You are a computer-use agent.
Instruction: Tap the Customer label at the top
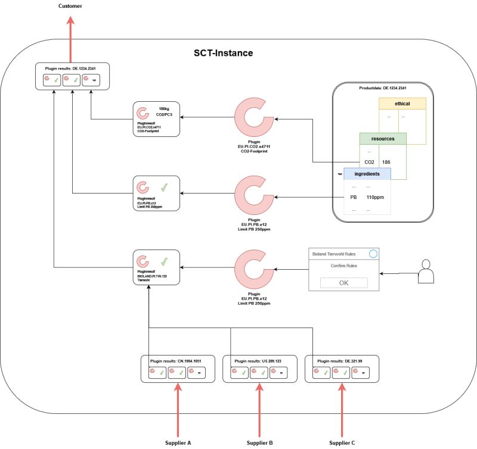pyautogui.click(x=71, y=6)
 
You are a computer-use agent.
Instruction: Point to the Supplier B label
pyautogui.click(x=259, y=442)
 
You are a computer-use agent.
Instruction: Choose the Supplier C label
pyautogui.click(x=342, y=442)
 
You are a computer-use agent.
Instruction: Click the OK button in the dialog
pyautogui.click(x=343, y=282)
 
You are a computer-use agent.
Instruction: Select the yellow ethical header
pyautogui.click(x=402, y=104)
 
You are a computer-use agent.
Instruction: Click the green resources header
pyautogui.click(x=382, y=138)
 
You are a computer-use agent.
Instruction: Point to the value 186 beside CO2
pyautogui.click(x=386, y=162)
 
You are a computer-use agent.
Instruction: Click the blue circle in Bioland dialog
pyautogui.click(x=373, y=254)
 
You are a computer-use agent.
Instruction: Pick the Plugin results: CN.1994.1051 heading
pyautogui.click(x=176, y=361)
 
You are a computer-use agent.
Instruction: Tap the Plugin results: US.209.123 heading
pyautogui.click(x=258, y=361)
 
